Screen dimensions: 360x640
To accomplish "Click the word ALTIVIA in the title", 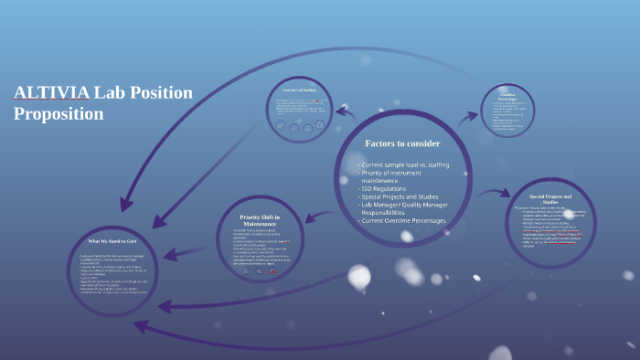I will pos(51,93).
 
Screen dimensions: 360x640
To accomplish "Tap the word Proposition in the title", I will pos(59,114).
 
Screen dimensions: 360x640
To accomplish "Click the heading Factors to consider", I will pos(402,143).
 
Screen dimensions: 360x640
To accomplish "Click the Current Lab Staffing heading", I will pos(299,90).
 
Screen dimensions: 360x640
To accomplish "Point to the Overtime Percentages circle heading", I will pos(507,97).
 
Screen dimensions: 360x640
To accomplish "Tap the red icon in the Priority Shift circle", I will pos(272,270).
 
